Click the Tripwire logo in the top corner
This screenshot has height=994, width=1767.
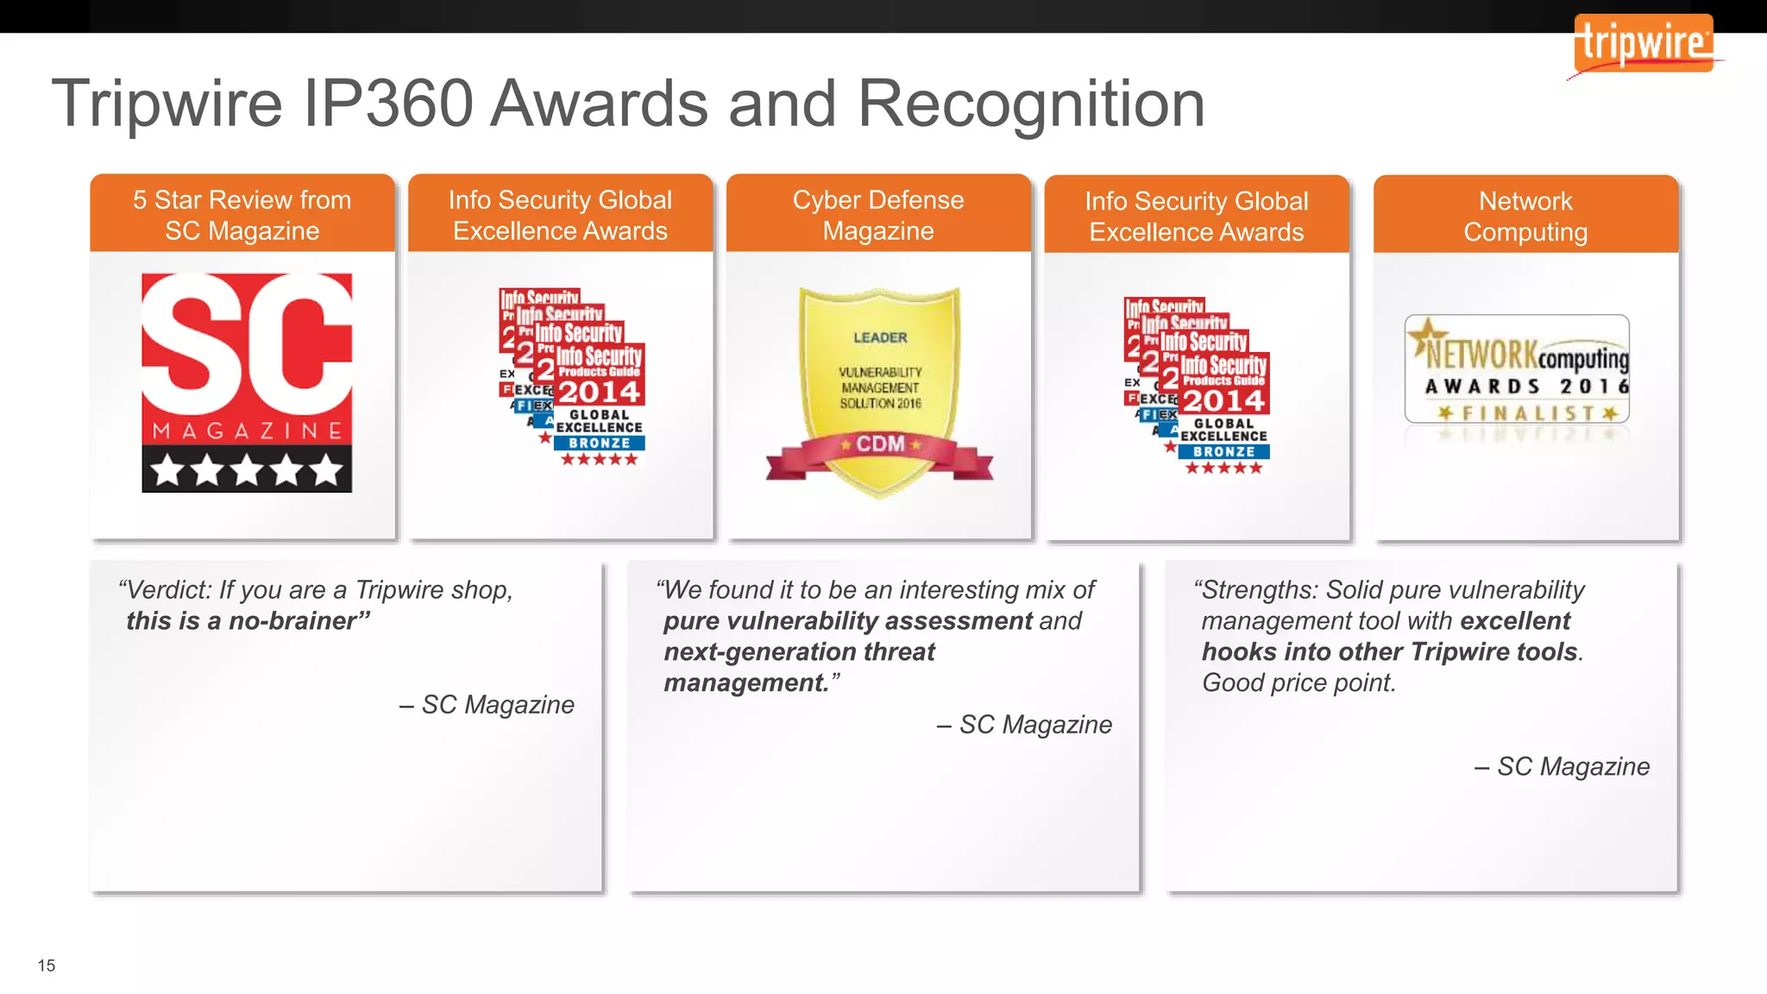(1644, 43)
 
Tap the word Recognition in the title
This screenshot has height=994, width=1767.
(1031, 104)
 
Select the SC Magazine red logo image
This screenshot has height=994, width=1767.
(247, 382)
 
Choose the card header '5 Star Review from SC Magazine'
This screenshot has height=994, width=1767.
(242, 215)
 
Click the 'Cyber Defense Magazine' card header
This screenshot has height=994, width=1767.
(878, 215)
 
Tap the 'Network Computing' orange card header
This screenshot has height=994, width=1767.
(1525, 216)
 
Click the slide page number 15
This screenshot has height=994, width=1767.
(47, 966)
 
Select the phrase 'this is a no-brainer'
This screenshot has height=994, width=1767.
(248, 621)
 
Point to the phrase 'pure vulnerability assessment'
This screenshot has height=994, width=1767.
(848, 621)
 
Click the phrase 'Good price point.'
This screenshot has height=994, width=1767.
(1299, 683)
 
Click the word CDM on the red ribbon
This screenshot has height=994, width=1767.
(880, 444)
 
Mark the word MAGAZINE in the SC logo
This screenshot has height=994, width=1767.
(247, 431)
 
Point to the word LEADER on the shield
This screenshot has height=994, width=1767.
(880, 337)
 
